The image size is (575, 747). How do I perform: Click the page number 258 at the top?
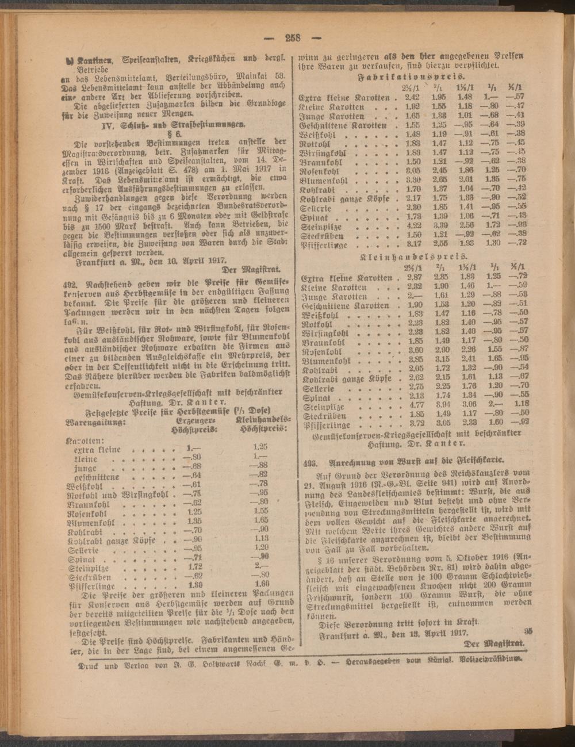click(293, 39)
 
